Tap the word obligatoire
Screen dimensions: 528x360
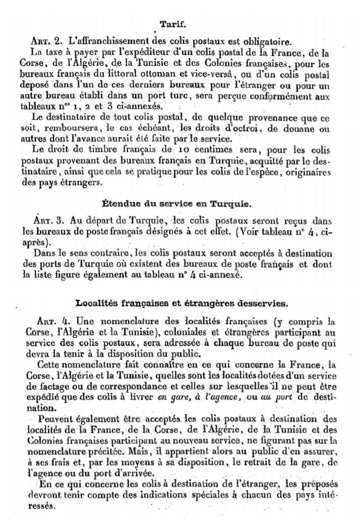coord(268,41)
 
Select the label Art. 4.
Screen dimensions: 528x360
coord(55,321)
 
